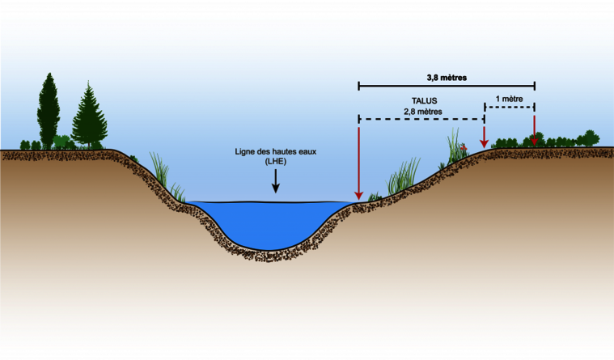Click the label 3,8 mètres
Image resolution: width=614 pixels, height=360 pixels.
pos(447,78)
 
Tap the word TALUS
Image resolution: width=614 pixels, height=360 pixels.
pos(417,101)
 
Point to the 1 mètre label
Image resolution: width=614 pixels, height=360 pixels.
pos(510,99)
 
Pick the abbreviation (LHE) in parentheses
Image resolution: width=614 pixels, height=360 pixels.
pos(276,163)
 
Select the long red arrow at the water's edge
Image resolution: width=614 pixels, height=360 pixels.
pos(358,162)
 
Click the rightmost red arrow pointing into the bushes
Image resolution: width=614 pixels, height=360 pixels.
pos(534,129)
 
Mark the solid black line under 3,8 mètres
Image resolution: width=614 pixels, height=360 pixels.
pos(447,85)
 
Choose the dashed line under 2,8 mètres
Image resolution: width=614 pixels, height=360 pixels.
pos(421,120)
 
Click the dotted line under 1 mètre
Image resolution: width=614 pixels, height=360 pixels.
pos(510,106)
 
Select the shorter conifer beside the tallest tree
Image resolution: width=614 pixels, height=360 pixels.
pos(89,117)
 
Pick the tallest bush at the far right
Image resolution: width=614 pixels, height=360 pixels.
pos(589,138)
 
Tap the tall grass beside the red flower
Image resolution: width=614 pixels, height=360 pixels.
pos(453,146)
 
